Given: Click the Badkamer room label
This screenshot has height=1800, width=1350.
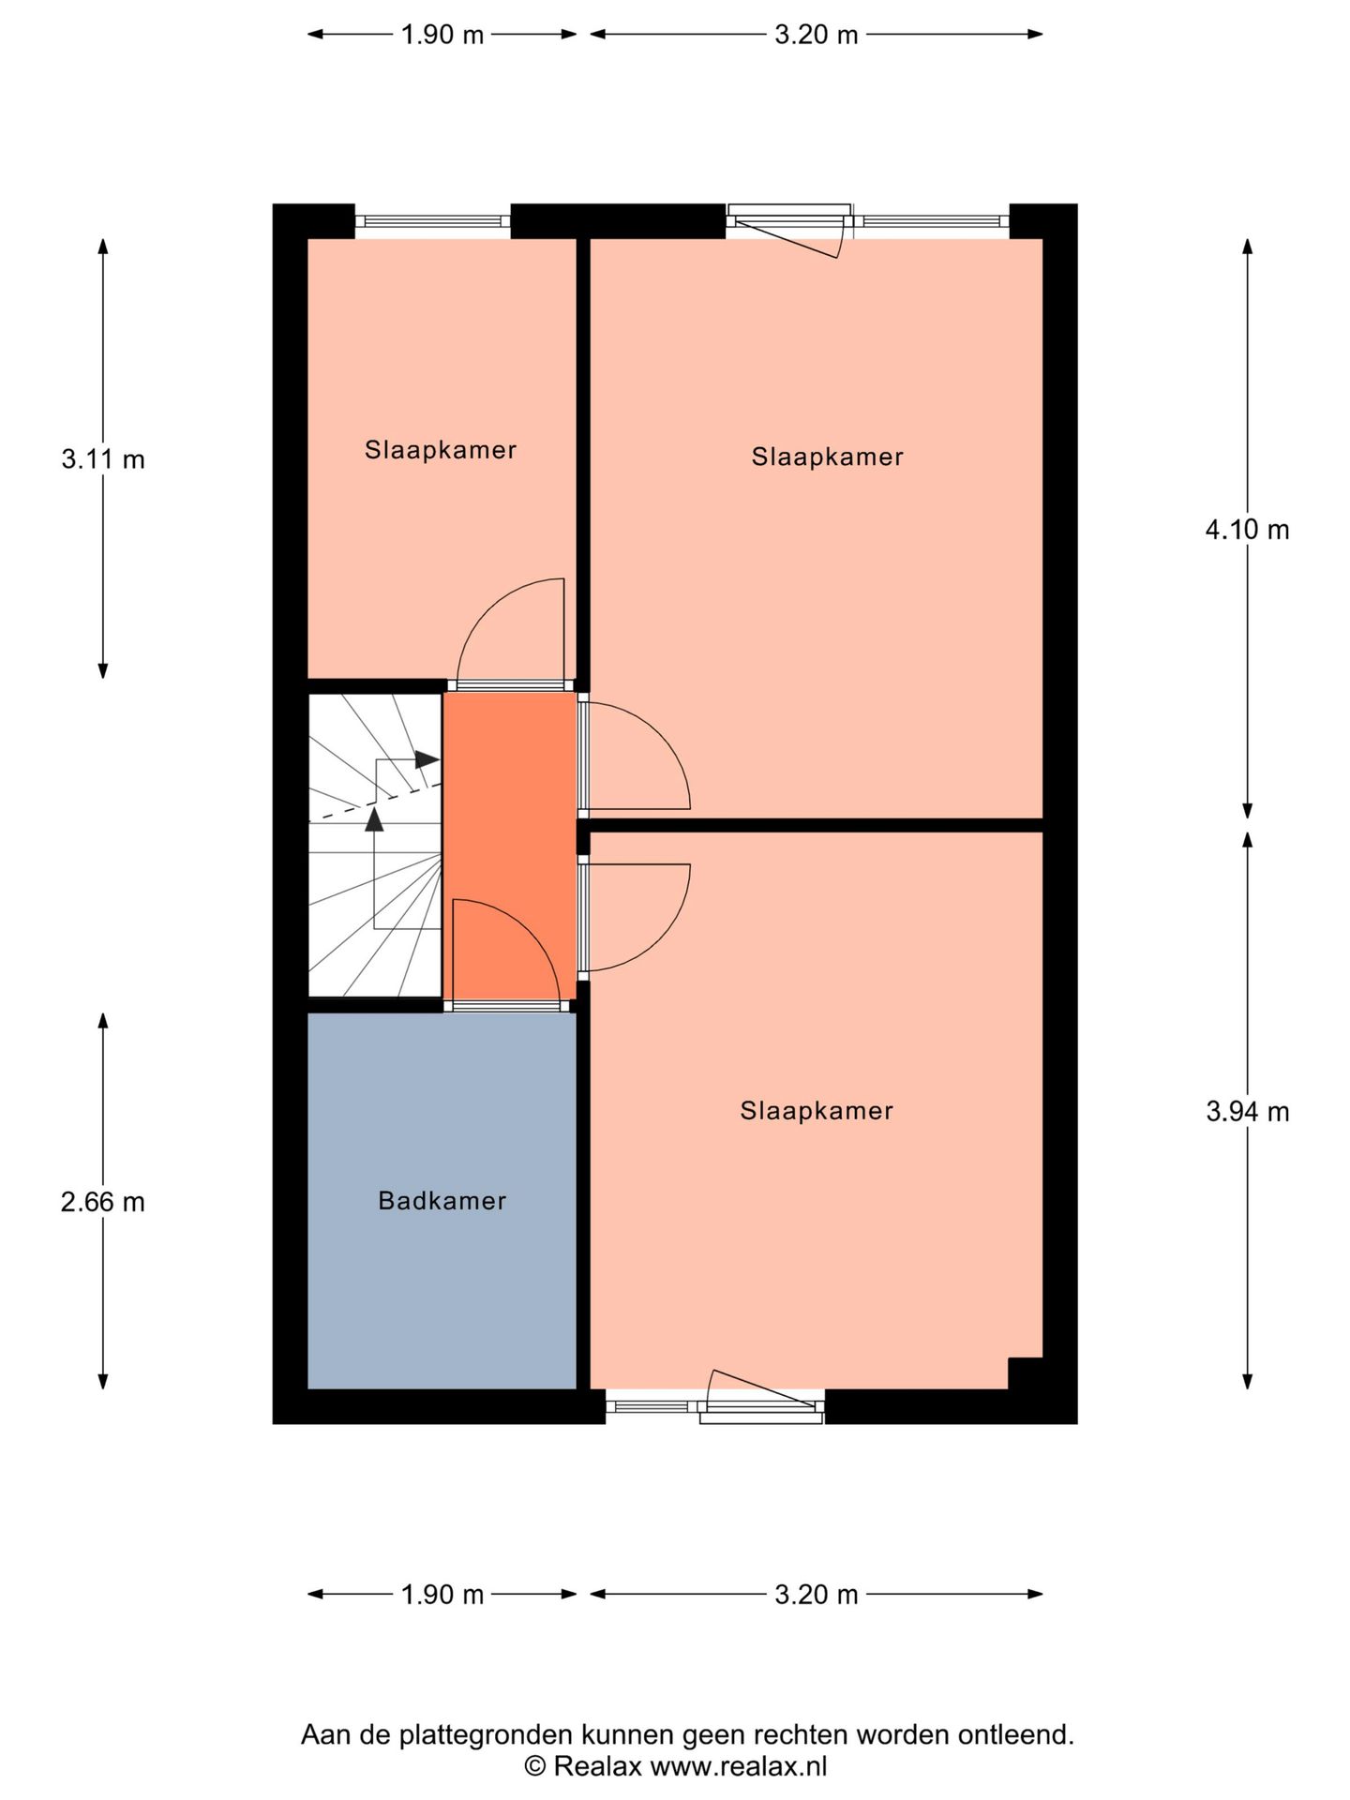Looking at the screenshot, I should (442, 1201).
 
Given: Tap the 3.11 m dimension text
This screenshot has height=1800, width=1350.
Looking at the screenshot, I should (103, 460).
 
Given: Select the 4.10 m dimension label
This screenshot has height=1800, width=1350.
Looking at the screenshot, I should (1247, 531).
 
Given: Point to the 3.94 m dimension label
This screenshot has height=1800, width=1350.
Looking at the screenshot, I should (1247, 1112).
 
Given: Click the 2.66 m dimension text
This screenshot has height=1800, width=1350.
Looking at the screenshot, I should (103, 1202).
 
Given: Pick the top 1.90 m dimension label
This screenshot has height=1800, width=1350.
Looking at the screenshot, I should (442, 36).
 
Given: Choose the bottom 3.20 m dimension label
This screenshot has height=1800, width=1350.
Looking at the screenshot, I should (816, 1595).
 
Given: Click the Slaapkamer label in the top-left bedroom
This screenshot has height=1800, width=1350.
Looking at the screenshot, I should (441, 450).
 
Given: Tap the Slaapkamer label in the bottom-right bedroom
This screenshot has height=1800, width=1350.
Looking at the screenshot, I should (816, 1111).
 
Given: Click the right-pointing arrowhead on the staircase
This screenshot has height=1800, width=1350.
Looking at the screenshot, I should (427, 758).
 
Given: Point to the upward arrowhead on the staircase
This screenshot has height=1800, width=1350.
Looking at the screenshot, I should (374, 820).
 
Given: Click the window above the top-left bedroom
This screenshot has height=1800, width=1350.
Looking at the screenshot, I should (433, 221).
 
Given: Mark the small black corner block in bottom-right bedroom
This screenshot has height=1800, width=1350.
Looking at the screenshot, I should (1025, 1372).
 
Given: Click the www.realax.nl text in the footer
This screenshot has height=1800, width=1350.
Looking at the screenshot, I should (738, 1767).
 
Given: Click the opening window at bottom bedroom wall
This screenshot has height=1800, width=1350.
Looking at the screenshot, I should (761, 1404).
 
